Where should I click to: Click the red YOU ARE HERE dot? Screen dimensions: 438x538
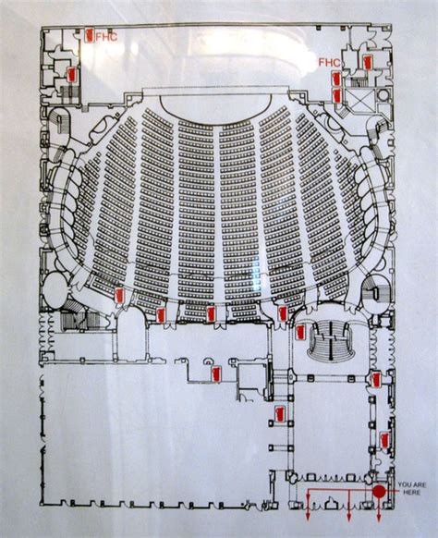pyautogui.click(x=379, y=492)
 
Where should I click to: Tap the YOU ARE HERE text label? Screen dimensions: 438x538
pyautogui.click(x=411, y=489)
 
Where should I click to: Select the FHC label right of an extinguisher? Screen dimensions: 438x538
pyautogui.click(x=106, y=37)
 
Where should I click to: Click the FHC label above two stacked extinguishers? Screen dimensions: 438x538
pyautogui.click(x=329, y=63)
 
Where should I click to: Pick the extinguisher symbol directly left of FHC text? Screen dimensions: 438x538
pyautogui.click(x=90, y=35)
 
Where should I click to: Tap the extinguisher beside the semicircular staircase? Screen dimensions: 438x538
pyautogui.click(x=300, y=332)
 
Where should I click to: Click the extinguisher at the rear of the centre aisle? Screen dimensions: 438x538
pyautogui.click(x=211, y=314)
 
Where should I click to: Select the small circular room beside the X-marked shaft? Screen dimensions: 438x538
pyautogui.click(x=383, y=94)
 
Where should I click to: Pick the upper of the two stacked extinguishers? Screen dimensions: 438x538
pyautogui.click(x=336, y=79)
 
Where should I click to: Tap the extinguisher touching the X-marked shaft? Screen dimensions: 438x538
pyautogui.click(x=337, y=96)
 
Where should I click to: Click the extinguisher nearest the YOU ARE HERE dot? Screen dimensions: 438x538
pyautogui.click(x=384, y=441)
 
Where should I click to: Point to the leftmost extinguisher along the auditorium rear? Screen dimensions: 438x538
pyautogui.click(x=119, y=296)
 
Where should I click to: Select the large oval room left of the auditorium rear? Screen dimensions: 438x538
pyautogui.click(x=55, y=291)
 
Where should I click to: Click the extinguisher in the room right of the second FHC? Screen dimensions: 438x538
pyautogui.click(x=368, y=62)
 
